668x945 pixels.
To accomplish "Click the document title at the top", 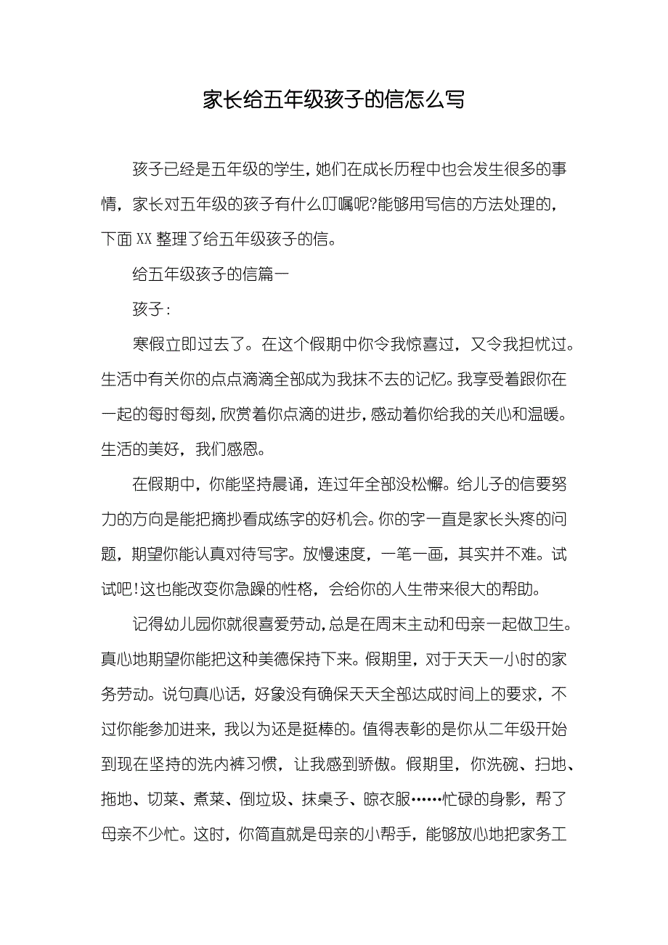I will click(x=333, y=99).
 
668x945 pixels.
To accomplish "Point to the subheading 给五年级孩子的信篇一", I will click(x=211, y=274).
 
